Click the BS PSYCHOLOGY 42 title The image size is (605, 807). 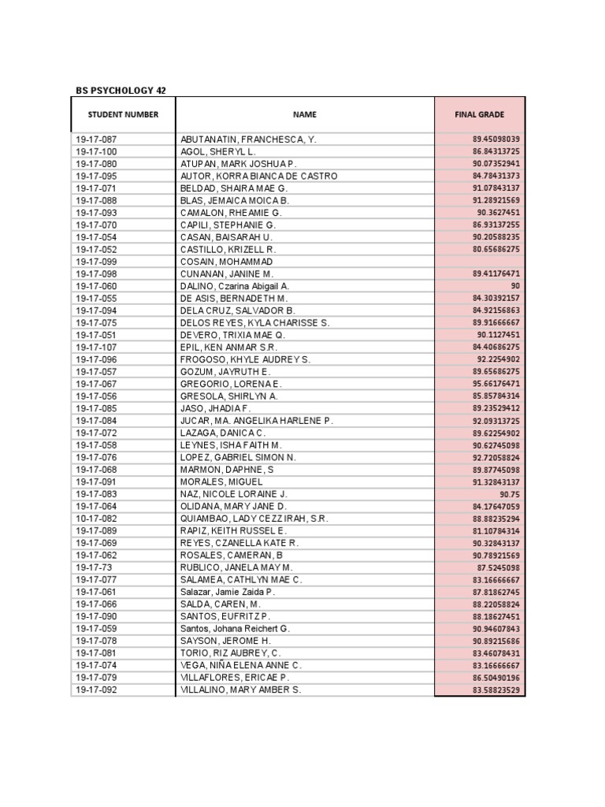pyautogui.click(x=121, y=91)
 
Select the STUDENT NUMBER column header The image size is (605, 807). pyautogui.click(x=123, y=115)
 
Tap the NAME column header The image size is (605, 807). pyautogui.click(x=304, y=115)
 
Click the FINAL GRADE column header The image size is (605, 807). pyautogui.click(x=479, y=115)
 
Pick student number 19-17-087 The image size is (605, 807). pyautogui.click(x=96, y=139)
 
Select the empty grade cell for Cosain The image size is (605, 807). pyautogui.click(x=479, y=262)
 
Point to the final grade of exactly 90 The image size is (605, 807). pyautogui.click(x=515, y=286)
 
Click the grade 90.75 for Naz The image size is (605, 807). pyautogui.click(x=510, y=494)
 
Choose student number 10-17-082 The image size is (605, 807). pyautogui.click(x=96, y=519)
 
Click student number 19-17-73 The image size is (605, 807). pyautogui.click(x=93, y=567)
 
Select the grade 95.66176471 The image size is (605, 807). pyautogui.click(x=496, y=384)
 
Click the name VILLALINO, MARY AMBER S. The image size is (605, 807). pyautogui.click(x=241, y=690)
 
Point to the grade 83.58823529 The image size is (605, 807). pyautogui.click(x=496, y=690)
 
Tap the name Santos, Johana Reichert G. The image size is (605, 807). pyautogui.click(x=235, y=629)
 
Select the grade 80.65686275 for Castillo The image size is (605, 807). pyautogui.click(x=496, y=249)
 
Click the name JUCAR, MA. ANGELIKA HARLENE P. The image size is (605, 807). pyautogui.click(x=257, y=421)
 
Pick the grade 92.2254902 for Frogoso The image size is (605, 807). pyautogui.click(x=499, y=359)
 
